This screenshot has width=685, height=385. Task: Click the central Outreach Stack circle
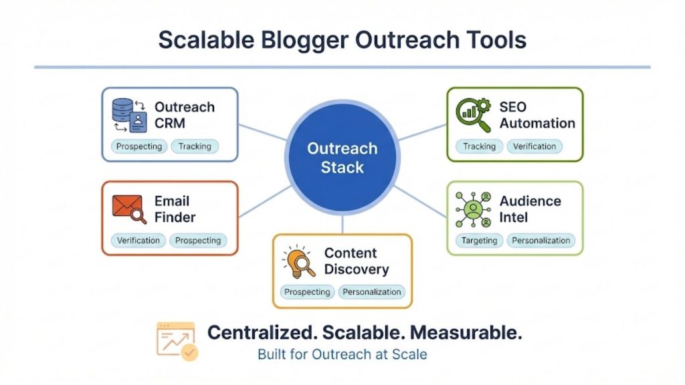pyautogui.click(x=342, y=157)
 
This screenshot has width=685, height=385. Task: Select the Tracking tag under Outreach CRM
pyautogui.click(x=195, y=146)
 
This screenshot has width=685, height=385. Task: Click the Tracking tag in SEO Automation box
pyautogui.click(x=480, y=146)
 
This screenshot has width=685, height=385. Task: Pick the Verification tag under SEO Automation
pyautogui.click(x=534, y=146)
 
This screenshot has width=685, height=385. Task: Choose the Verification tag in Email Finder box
pyautogui.click(x=138, y=241)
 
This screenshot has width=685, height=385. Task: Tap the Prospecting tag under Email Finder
pyautogui.click(x=198, y=241)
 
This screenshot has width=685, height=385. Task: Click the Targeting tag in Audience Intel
pyautogui.click(x=480, y=241)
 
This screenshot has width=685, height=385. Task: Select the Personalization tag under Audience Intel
pyautogui.click(x=541, y=241)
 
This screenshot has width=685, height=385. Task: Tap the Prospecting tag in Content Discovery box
pyautogui.click(x=307, y=292)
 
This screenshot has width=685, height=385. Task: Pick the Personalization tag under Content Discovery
pyautogui.click(x=371, y=292)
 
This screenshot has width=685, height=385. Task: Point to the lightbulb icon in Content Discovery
pyautogui.click(x=298, y=261)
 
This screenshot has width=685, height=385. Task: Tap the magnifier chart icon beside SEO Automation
pyautogui.click(x=473, y=115)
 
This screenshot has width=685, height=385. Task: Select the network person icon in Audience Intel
pyautogui.click(x=473, y=209)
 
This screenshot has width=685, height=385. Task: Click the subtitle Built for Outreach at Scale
pyautogui.click(x=342, y=354)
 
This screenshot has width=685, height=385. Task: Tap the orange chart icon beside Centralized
pyautogui.click(x=177, y=341)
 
